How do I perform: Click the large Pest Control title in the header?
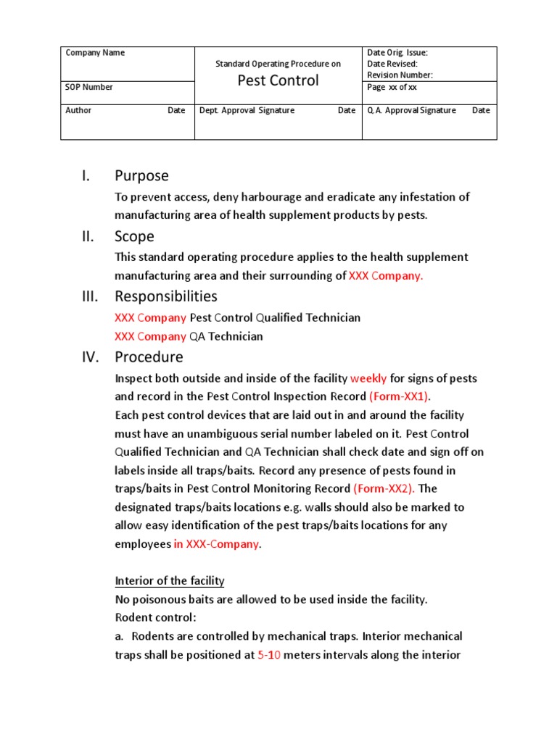278,80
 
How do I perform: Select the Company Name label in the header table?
95,53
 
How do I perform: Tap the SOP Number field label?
89,87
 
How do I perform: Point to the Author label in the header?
78,111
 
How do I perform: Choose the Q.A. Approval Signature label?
412,111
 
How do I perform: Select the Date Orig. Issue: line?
397,53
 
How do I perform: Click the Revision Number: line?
400,75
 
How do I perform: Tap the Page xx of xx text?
392,87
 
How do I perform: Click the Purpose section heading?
141,175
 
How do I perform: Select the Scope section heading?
134,236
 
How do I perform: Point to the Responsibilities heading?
166,296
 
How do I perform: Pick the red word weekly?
368,378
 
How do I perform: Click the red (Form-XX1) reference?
400,396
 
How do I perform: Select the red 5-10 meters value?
269,655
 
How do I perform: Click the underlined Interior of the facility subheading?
170,581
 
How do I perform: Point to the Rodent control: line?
155,617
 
